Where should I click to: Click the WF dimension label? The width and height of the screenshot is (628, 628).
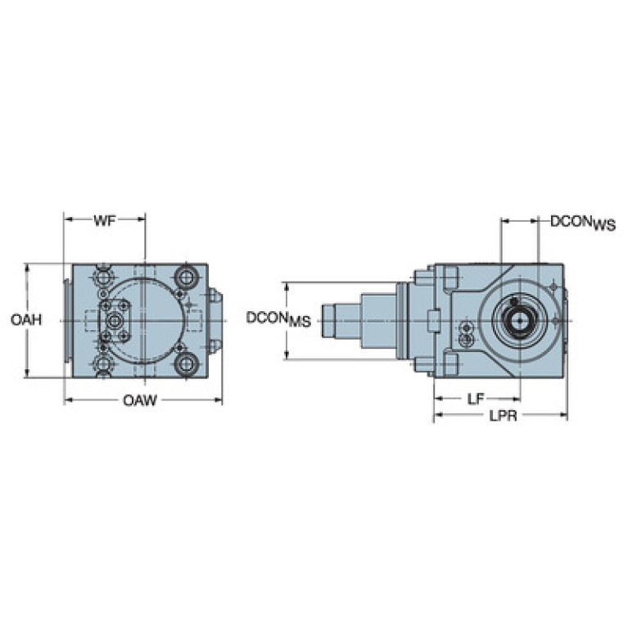[104, 220]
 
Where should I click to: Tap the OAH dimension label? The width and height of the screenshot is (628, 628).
[26, 319]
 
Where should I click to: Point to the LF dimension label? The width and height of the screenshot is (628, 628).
[476, 399]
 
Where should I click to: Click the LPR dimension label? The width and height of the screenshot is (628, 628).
[502, 416]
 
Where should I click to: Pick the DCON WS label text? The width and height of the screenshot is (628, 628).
[581, 222]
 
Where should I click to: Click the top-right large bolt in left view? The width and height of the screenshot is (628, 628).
[187, 277]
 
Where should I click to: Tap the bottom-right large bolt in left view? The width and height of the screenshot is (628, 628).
[187, 364]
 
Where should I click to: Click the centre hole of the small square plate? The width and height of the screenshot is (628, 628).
[115, 320]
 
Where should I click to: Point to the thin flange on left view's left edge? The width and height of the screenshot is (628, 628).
[67, 320]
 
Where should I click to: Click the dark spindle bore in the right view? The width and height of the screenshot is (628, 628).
[518, 320]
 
